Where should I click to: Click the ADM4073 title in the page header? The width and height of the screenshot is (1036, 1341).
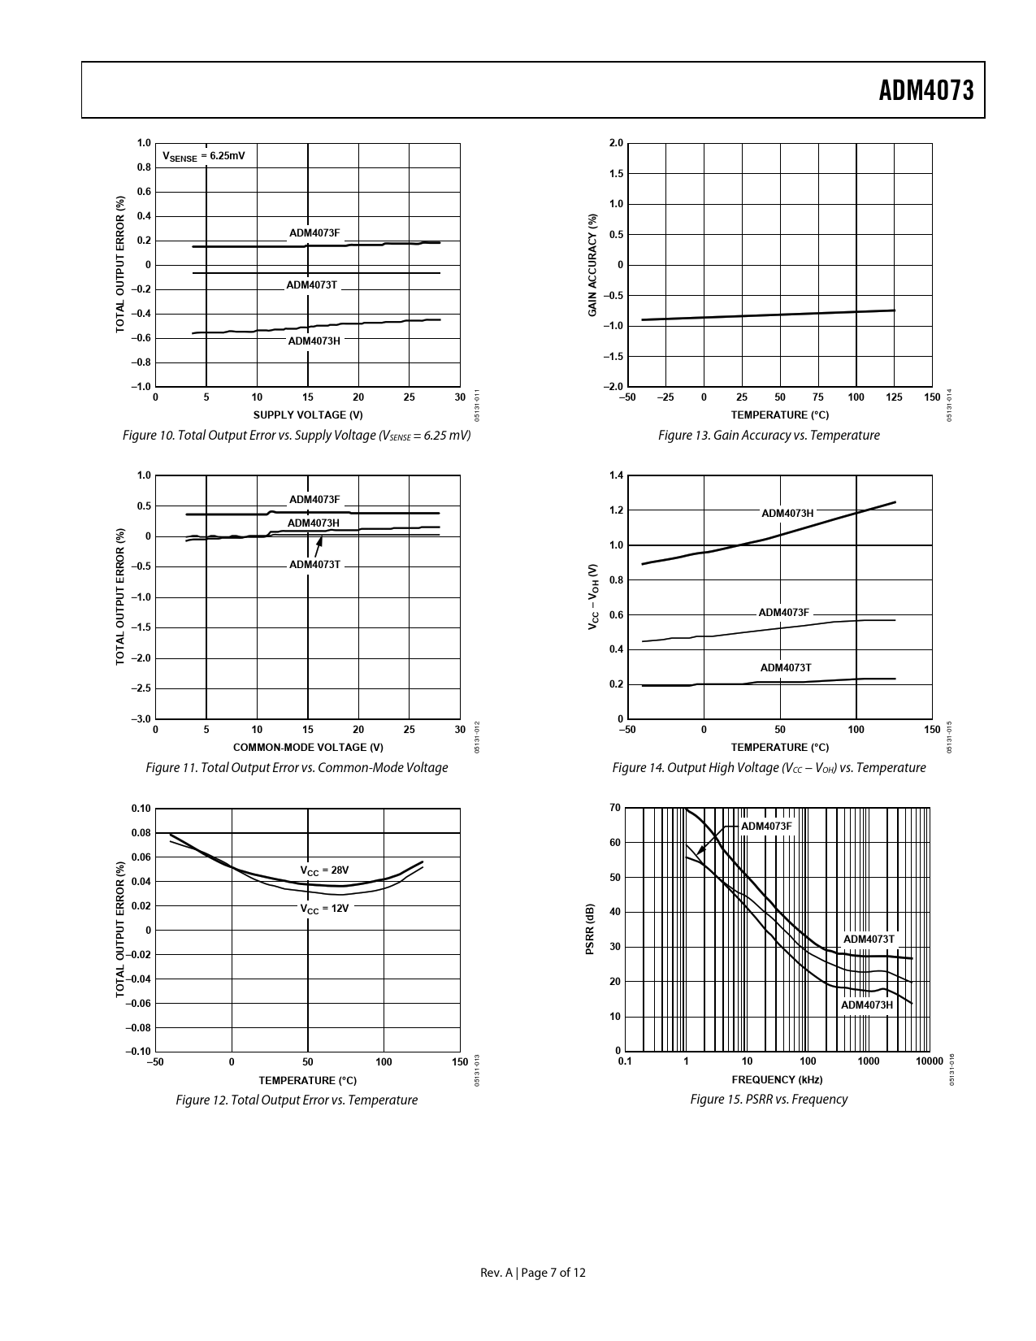pos(925,90)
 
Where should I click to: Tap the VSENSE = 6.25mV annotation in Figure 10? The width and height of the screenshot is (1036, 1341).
pos(204,156)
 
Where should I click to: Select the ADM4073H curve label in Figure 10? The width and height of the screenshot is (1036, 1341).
pos(314,341)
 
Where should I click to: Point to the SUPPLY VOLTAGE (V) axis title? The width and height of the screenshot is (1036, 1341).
pos(308,415)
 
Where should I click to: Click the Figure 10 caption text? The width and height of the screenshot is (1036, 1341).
pos(297,436)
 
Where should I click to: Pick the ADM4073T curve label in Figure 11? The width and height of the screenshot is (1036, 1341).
pos(314,565)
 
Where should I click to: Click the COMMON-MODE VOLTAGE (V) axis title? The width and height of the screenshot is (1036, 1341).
pos(308,748)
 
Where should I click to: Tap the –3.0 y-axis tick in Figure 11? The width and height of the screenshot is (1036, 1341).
pos(141,719)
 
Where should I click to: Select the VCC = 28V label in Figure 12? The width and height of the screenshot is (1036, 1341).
pos(324,870)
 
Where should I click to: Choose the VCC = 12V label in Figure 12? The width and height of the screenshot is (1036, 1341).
pos(324,909)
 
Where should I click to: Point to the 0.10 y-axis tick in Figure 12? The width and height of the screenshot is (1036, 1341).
pos(141,809)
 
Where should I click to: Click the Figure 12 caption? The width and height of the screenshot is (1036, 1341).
pos(297,1100)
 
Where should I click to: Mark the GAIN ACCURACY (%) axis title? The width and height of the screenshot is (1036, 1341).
pos(593,265)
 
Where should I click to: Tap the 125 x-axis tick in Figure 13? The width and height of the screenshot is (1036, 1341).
pos(894,397)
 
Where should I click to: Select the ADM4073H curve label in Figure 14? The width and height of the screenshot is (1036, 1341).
pos(787,514)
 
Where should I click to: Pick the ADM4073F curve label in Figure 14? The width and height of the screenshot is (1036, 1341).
pos(783,613)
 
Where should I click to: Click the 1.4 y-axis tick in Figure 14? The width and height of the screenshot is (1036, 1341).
pos(616,475)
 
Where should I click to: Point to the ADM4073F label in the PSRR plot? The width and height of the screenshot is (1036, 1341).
pos(765,827)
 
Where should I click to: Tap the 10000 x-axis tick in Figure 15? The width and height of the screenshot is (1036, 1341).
pos(930,1061)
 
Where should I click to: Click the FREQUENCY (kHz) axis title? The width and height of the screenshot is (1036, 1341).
pos(777,1080)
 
